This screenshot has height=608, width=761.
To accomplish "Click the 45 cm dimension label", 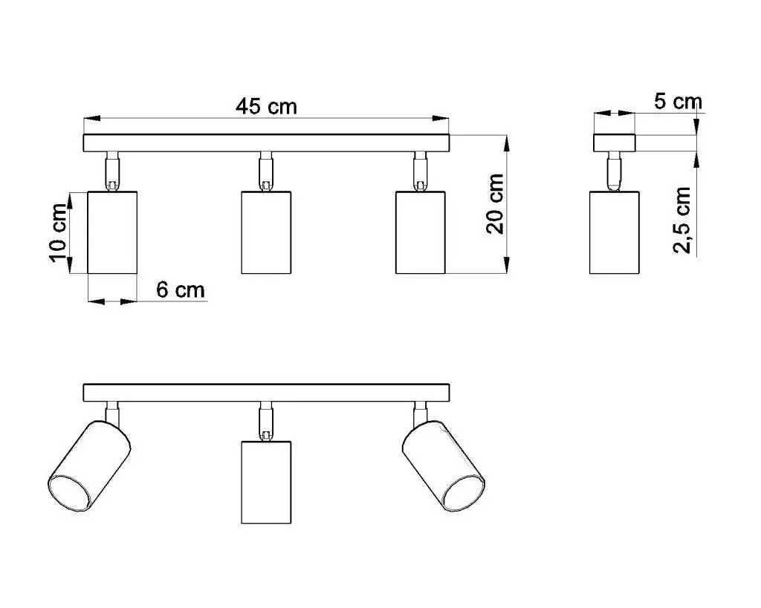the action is point(266,107).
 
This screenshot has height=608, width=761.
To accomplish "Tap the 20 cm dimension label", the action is point(496,204).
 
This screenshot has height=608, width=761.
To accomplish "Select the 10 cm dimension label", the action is point(58,232).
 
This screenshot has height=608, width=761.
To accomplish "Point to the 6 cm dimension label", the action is point(181,290).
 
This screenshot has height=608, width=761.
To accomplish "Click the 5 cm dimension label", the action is point(678,102).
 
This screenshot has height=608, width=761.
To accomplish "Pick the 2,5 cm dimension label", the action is point(682,220).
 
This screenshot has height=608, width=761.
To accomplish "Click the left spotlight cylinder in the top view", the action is point(112,232).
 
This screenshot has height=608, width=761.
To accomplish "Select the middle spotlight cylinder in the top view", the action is point(266,232).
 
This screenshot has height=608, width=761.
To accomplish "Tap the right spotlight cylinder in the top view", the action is point(421,232).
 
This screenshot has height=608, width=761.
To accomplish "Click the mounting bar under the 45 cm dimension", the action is point(266,143).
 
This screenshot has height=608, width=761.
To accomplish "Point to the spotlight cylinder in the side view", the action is point(615,232).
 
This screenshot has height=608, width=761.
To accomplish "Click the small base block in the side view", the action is point(615,143).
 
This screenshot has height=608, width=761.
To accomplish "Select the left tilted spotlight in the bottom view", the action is point(89,466).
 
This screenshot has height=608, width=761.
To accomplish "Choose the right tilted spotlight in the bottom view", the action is point(443,466).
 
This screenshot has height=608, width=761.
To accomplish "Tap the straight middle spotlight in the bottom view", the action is point(266,483).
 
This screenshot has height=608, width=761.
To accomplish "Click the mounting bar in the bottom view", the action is point(266,393).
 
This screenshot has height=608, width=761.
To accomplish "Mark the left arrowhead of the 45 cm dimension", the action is point(91,118).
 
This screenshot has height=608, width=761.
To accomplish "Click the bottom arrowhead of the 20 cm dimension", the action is point(507,266).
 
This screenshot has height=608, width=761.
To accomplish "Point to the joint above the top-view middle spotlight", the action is point(265,171).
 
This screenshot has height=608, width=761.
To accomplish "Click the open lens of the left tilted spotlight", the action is point(69,493).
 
